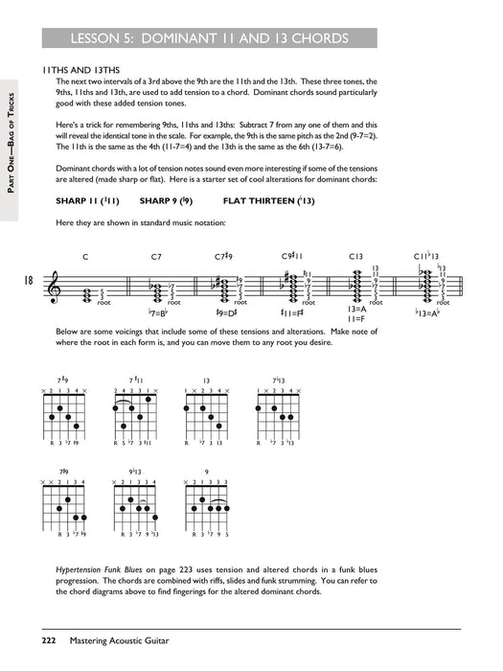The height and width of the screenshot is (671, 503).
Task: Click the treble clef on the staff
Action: (54, 282)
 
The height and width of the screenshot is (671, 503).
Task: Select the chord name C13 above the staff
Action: (355, 257)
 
